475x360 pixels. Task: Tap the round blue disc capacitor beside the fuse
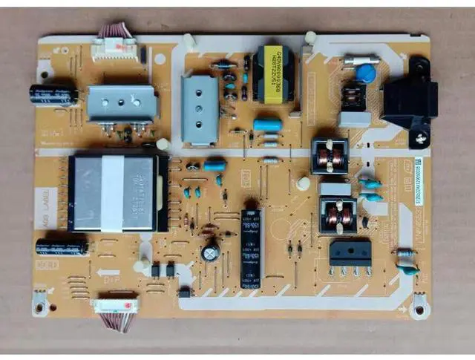pyautogui.click(x=365, y=73)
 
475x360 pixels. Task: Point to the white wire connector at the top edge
pyautogui.click(x=114, y=48)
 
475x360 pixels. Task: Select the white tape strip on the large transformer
pyautogui.click(x=112, y=193)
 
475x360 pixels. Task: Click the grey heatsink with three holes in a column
pyautogui.click(x=200, y=109)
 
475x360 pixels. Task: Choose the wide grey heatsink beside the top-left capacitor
pyautogui.click(x=122, y=103)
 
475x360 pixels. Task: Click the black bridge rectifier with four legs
pyautogui.click(x=350, y=252)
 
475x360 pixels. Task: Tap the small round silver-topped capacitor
pyautogui.click(x=211, y=253)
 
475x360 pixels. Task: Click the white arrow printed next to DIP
pyautogui.click(x=108, y=272)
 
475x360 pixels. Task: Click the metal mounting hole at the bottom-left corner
pyautogui.click(x=40, y=301)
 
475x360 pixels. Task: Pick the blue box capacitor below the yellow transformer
pyautogui.click(x=267, y=125)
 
